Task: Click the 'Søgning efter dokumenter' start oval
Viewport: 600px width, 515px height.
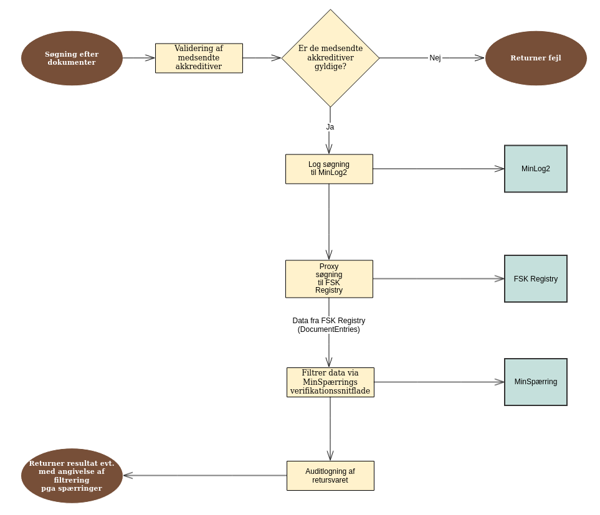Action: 72,58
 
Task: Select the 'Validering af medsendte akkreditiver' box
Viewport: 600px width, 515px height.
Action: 199,58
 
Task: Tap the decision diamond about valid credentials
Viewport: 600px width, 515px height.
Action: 330,58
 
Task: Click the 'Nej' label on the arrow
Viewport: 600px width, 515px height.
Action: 435,58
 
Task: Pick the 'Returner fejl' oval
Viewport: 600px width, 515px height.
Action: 536,58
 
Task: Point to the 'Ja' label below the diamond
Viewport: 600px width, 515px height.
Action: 330,127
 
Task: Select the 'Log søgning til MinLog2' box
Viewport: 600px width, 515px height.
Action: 329,169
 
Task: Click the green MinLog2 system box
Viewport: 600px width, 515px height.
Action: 536,169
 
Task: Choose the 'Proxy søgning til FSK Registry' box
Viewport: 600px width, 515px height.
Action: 329,278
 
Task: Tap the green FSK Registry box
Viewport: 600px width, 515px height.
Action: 536,278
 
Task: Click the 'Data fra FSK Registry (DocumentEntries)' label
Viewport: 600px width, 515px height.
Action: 329,325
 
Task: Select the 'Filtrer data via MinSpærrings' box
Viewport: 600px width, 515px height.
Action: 330,382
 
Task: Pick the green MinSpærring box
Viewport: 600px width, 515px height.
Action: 536,382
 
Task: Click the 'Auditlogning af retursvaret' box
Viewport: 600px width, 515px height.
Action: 330,476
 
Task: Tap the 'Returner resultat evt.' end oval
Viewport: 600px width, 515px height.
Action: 72,476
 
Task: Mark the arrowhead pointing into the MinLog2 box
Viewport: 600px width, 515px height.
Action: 500,169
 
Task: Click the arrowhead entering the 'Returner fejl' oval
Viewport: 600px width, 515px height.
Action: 480,58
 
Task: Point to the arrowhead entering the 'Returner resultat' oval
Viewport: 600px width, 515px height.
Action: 128,476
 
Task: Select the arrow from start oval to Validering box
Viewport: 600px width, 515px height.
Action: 138,58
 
